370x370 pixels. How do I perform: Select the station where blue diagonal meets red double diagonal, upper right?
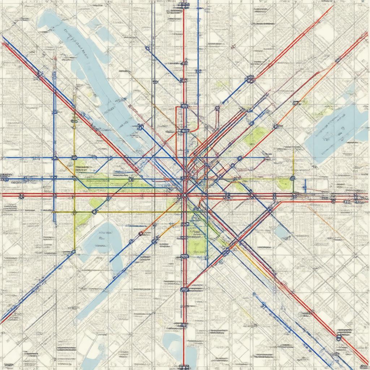point(250,78)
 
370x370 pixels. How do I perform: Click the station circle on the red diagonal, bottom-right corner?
point(339,337)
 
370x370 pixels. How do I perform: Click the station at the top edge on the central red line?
point(185,5)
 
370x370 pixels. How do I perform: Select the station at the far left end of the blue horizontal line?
point(5,178)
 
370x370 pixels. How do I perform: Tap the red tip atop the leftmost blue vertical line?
point(54,58)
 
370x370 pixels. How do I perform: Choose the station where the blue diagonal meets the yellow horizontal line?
point(95,212)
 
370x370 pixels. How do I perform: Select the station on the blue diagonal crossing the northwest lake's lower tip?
point(141,126)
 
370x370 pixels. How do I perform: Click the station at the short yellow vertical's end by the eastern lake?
point(292,178)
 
